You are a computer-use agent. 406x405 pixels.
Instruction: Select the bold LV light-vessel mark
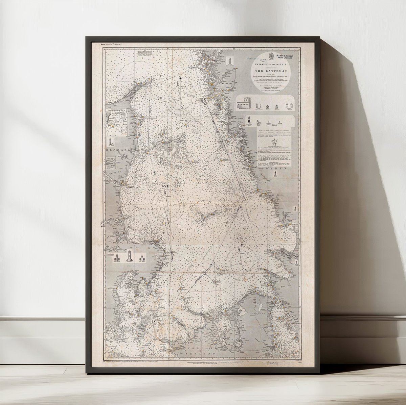pyautogui.click(x=165, y=186)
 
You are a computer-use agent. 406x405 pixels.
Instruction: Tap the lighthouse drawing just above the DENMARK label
pyautogui.click(x=112, y=141)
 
